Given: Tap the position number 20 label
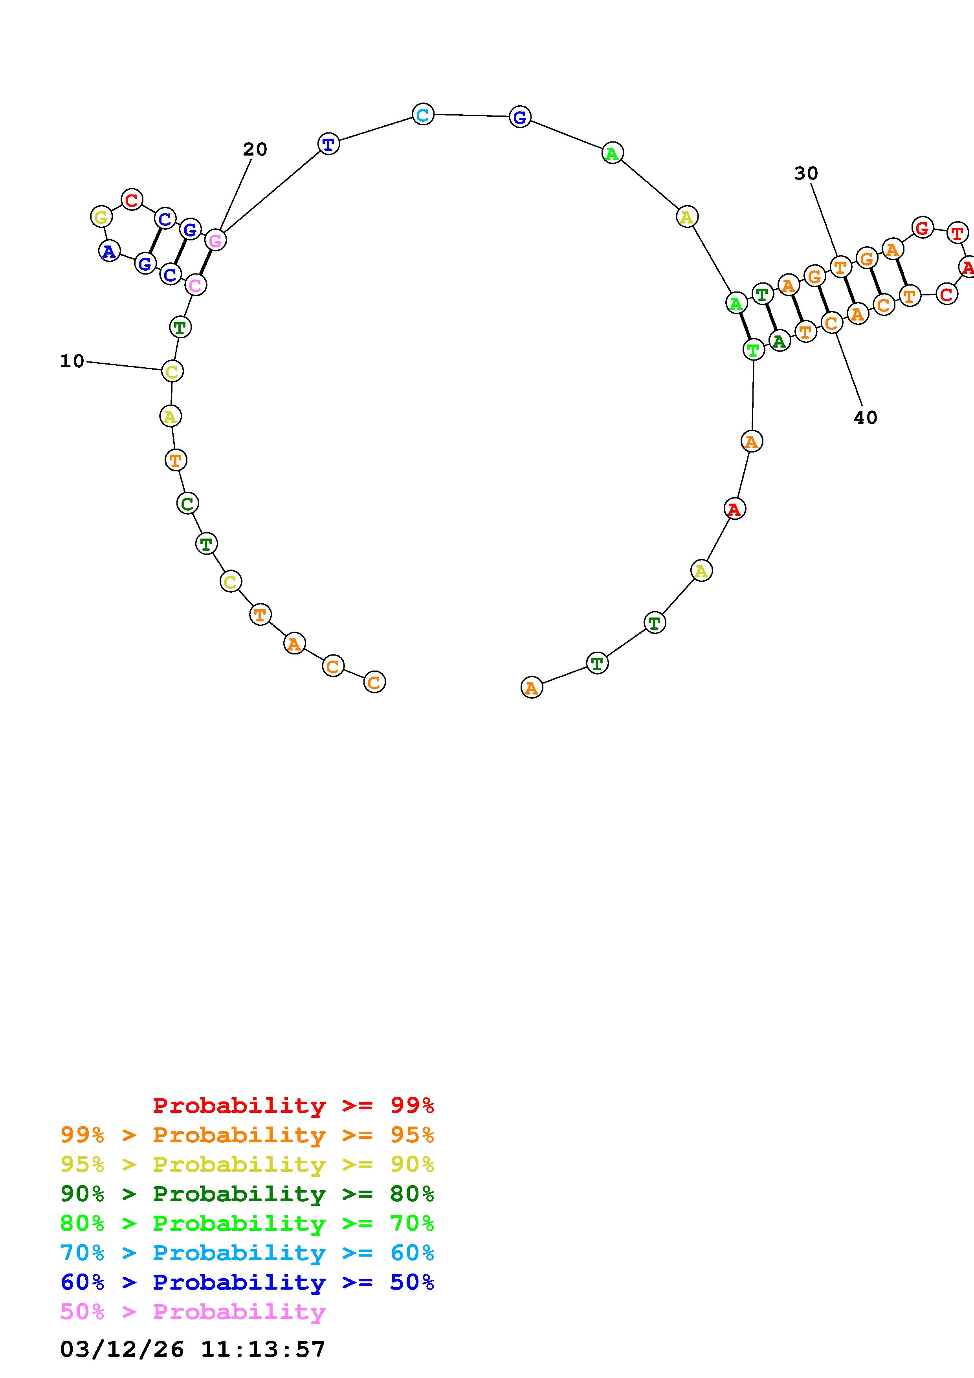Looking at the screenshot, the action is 255,149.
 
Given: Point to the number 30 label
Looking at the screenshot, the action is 806,174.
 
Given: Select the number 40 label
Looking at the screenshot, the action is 866,418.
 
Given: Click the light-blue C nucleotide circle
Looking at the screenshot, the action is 423,114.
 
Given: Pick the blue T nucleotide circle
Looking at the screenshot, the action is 328,144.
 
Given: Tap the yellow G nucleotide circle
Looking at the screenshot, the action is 101,217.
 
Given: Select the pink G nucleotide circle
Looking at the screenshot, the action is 215,240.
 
